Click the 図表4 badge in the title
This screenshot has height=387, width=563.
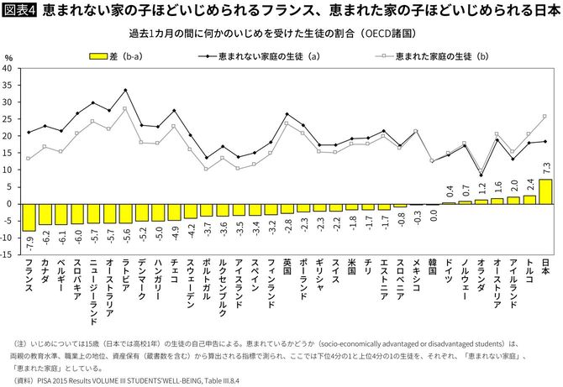[19, 12]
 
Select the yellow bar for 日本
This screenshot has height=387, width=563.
[545, 191]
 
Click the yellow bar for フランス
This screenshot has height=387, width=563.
[29, 217]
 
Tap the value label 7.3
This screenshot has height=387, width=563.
[545, 166]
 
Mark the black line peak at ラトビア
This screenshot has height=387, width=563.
[125, 90]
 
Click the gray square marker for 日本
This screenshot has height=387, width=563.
[545, 117]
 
